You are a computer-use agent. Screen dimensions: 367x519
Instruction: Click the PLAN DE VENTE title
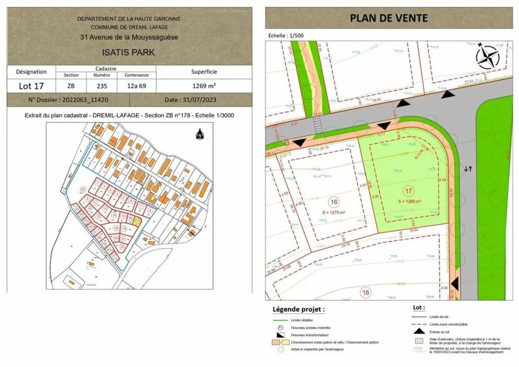[x=388, y=17]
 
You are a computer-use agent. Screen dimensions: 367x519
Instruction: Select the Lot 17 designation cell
[x=31, y=86]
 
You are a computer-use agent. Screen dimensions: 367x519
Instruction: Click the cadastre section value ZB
[x=71, y=86]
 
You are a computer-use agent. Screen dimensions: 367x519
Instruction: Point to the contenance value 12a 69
[x=134, y=86]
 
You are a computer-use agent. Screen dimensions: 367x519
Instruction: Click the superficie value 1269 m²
[x=204, y=86]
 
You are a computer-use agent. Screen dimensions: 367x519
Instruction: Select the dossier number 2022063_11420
[x=68, y=100]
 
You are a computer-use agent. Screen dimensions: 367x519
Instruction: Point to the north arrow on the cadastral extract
[x=200, y=134]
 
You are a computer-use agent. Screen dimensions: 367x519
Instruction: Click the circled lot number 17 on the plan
[x=409, y=192]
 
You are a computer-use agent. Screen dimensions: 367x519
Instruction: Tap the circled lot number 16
[x=334, y=202]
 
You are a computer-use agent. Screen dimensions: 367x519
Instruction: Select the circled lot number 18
[x=365, y=292]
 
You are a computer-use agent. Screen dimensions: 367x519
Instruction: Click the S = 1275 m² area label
[x=334, y=213]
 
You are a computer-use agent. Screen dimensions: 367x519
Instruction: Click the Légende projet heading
[x=299, y=309]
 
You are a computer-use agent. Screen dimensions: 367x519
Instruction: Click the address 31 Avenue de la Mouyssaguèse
[x=129, y=37]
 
